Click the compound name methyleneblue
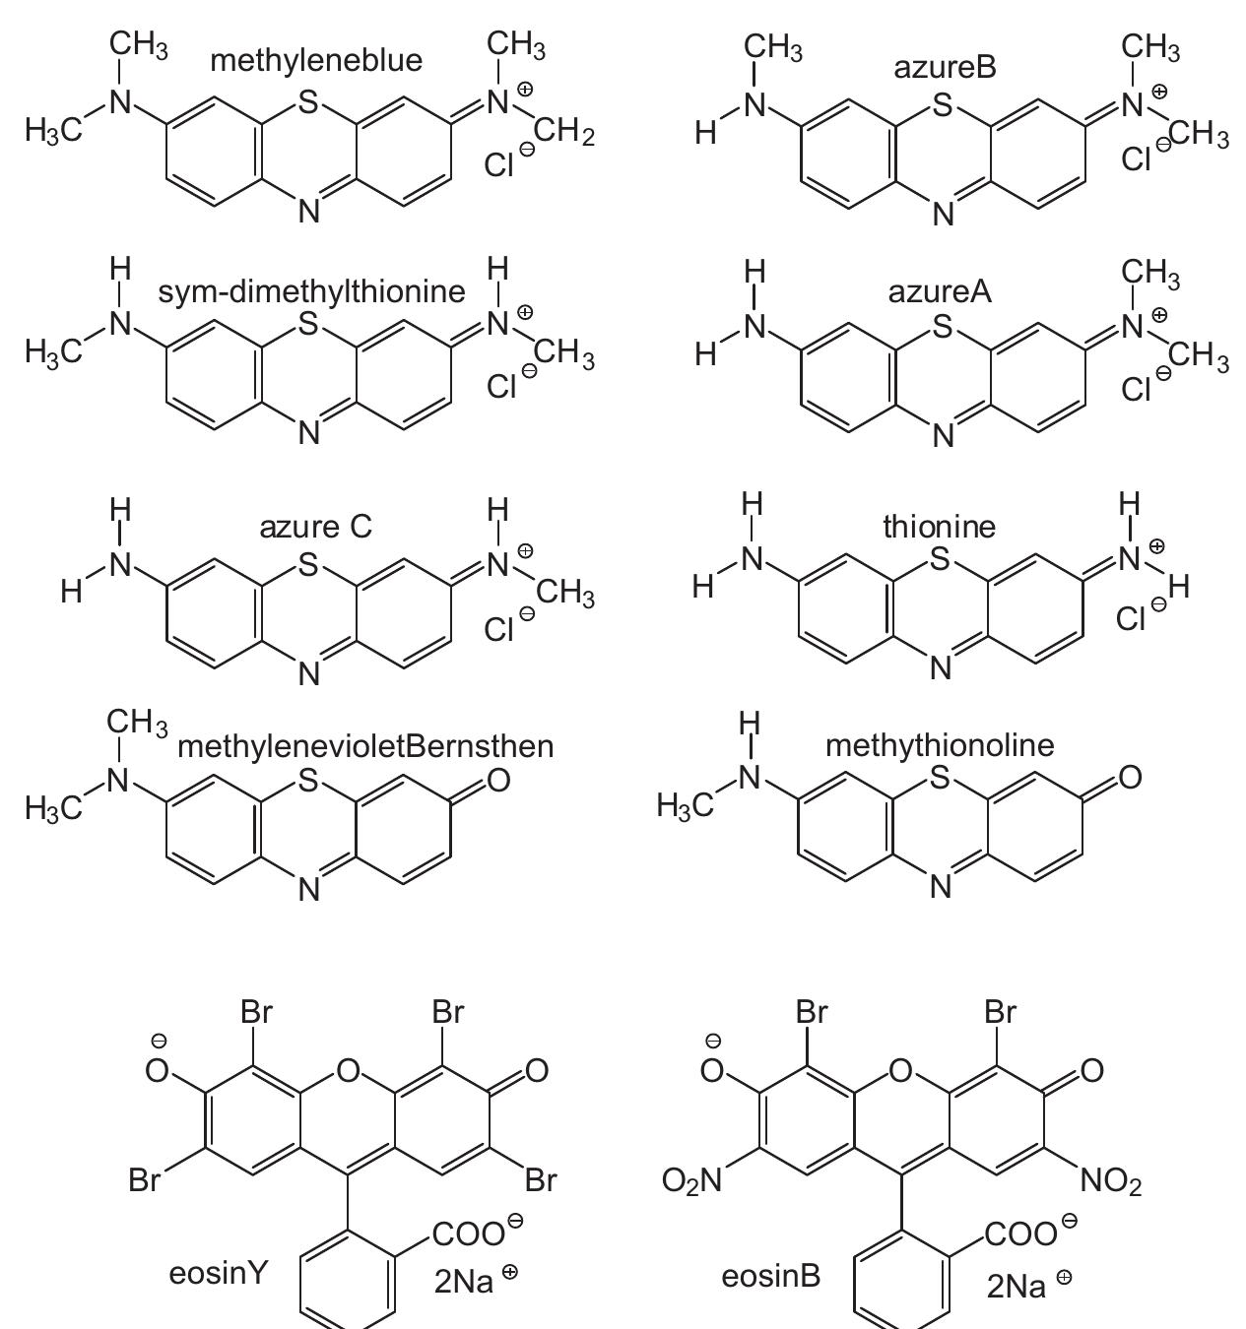tap(316, 61)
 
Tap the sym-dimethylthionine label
tap(311, 291)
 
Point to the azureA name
tap(940, 291)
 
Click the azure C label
tap(315, 527)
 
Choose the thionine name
tap(939, 527)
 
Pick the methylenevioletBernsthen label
tap(365, 746)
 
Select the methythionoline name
tap(939, 745)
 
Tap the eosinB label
tap(770, 1277)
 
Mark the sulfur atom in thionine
tap(940, 559)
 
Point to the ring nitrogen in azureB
tap(943, 213)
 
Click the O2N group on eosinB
tap(692, 1179)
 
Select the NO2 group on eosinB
tap(1111, 1179)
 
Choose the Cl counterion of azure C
tap(499, 629)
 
